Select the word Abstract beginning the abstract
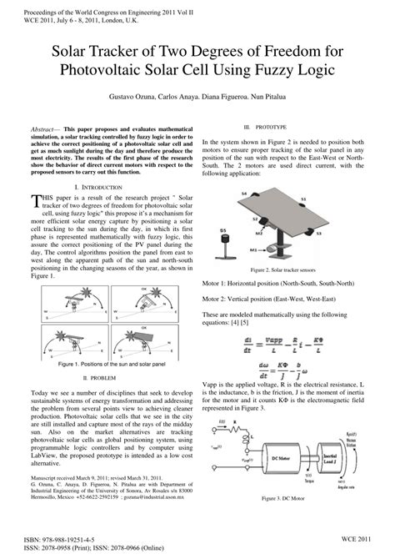[47, 132]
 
